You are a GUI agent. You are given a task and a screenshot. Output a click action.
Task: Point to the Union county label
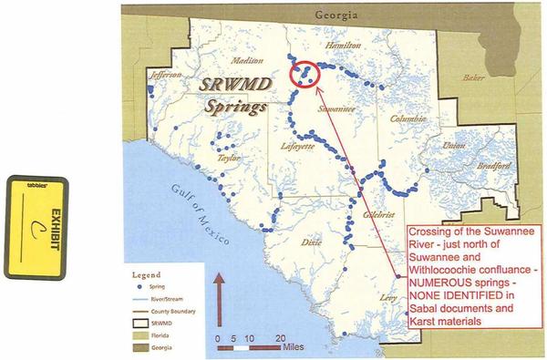tap(452, 146)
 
